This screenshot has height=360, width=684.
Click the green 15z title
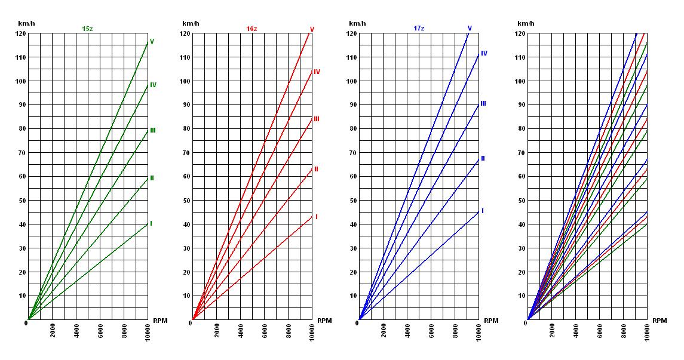click(x=88, y=29)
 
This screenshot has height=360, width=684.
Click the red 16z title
click(x=251, y=29)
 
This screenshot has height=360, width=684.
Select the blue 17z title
click(x=419, y=29)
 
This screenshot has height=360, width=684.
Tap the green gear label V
click(x=152, y=42)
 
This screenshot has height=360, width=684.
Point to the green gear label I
click(x=151, y=224)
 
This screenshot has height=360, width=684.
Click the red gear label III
click(x=317, y=119)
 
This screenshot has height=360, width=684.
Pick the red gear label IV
click(x=317, y=72)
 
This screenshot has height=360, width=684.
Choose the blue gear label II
click(x=483, y=159)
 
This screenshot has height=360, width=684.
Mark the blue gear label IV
click(x=484, y=54)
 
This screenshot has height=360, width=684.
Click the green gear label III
click(x=153, y=130)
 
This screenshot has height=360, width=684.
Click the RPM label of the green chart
click(x=160, y=321)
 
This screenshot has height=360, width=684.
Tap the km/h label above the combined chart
click(x=525, y=23)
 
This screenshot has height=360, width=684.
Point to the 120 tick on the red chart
click(x=185, y=33)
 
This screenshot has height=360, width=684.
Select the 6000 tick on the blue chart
click(x=431, y=331)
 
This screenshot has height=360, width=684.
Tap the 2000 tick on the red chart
click(x=217, y=331)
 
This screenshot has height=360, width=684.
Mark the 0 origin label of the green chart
click(x=26, y=323)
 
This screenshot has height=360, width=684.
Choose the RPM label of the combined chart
click(x=660, y=321)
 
